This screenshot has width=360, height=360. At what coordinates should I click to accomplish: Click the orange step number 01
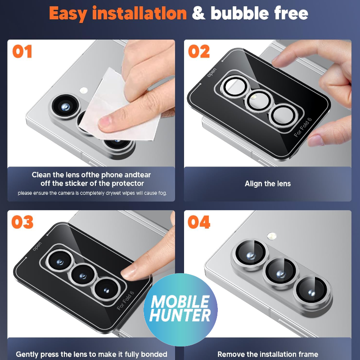pos(22,51)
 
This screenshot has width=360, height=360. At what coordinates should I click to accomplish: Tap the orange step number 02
pos(199,51)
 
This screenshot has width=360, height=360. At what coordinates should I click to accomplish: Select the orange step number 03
pos(22,222)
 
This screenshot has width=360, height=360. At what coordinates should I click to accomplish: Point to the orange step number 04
pos(199,222)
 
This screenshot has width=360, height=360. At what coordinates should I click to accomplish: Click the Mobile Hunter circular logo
pos(180,310)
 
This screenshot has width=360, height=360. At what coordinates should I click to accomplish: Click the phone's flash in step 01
pos(84,90)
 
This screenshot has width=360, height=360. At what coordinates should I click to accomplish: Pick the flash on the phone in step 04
pos(272,236)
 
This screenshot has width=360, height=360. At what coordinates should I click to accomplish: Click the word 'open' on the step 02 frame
pos(211,72)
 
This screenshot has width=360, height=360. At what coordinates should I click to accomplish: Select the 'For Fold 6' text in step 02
pos(303,127)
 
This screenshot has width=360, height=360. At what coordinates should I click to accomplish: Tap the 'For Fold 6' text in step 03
pos(126,301)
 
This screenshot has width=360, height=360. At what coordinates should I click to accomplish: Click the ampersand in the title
pos(199,13)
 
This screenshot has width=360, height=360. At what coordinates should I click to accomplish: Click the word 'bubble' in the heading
pos(240,13)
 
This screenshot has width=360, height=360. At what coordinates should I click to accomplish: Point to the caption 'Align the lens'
pos(268,184)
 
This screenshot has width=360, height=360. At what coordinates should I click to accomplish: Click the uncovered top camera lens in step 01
pos(65,106)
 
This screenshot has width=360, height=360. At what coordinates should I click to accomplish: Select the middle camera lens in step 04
pos(281,274)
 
